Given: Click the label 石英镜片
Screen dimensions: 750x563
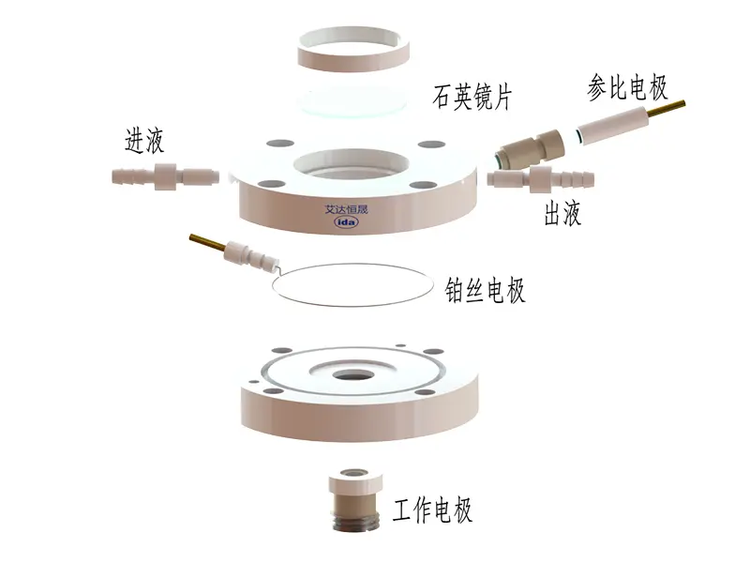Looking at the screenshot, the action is pyautogui.click(x=472, y=98).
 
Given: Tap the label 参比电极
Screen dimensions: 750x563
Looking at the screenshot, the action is pyautogui.click(x=627, y=87).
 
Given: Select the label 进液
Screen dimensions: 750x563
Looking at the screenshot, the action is pyautogui.click(x=144, y=140).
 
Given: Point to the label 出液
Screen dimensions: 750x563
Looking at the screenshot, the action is pyautogui.click(x=563, y=213).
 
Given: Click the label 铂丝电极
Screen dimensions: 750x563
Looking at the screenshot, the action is pyautogui.click(x=485, y=291).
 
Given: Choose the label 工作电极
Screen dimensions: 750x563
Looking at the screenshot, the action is pyautogui.click(x=432, y=510).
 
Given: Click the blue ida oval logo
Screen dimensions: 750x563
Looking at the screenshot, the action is pyautogui.click(x=346, y=222).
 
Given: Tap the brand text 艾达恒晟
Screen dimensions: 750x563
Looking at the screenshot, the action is pyautogui.click(x=346, y=209).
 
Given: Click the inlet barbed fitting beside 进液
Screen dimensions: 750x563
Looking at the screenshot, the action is pyautogui.click(x=166, y=176).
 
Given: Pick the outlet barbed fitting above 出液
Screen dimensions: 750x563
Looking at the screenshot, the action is pyautogui.click(x=541, y=178).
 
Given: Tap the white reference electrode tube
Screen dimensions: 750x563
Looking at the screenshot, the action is pyautogui.click(x=613, y=126).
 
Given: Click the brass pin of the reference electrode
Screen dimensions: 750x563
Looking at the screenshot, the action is pyautogui.click(x=667, y=109).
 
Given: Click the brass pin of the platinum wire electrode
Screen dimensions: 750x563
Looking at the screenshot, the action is pyautogui.click(x=207, y=242).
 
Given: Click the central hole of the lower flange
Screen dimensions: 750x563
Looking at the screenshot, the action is pyautogui.click(x=352, y=375).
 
